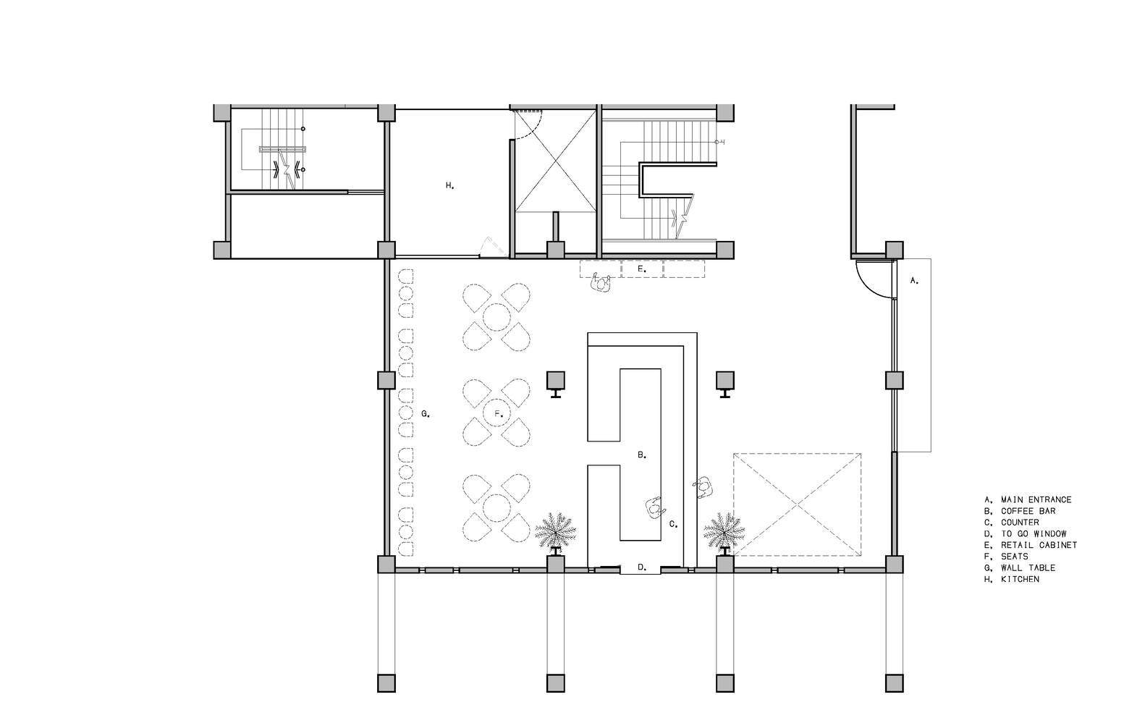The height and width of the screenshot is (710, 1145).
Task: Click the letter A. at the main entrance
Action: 914,281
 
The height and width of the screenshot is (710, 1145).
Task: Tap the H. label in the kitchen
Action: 450,185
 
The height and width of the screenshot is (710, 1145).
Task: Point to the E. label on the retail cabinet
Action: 642,269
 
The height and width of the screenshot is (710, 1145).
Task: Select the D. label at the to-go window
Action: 643,567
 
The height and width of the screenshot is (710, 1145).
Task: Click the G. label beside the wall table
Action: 426,414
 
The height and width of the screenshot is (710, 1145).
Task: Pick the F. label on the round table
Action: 499,414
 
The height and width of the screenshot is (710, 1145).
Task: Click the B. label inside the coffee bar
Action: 643,455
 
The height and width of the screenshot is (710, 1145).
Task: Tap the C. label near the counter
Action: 674,524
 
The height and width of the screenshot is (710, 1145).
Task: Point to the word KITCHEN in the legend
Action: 1020,579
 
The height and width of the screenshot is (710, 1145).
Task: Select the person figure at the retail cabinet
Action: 601,283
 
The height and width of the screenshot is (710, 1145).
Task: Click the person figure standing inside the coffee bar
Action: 654,507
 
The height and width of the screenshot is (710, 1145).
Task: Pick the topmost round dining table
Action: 497,318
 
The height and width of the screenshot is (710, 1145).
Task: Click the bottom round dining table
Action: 497,507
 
